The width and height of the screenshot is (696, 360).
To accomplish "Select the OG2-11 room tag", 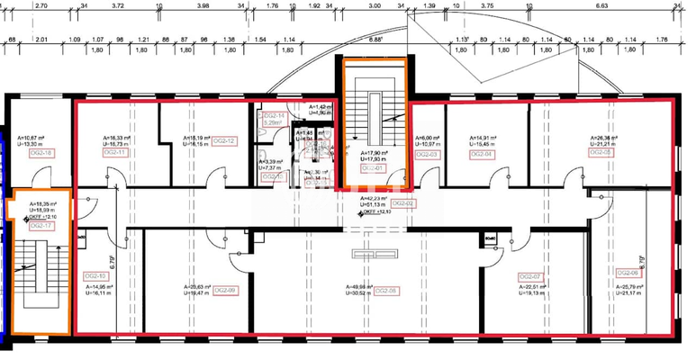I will click(115, 152).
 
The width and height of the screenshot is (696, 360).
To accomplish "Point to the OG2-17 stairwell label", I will click(37, 226).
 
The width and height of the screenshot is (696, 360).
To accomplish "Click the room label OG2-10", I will click(96, 275).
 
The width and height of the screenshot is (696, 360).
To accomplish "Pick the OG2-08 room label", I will click(385, 291).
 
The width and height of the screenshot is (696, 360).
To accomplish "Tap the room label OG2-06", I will click(628, 273).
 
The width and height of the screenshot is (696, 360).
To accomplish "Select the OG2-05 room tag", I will click(601, 152).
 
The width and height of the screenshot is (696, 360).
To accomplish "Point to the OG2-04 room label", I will click(483, 154).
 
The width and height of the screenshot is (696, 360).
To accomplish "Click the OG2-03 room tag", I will click(426, 155).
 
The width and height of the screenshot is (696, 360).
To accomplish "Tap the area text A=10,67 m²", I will click(31, 138).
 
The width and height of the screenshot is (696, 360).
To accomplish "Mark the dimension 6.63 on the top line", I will click(602, 4).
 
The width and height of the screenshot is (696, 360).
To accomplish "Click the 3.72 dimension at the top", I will click(118, 4).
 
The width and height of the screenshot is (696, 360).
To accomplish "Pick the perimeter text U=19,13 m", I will click(529, 292).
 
